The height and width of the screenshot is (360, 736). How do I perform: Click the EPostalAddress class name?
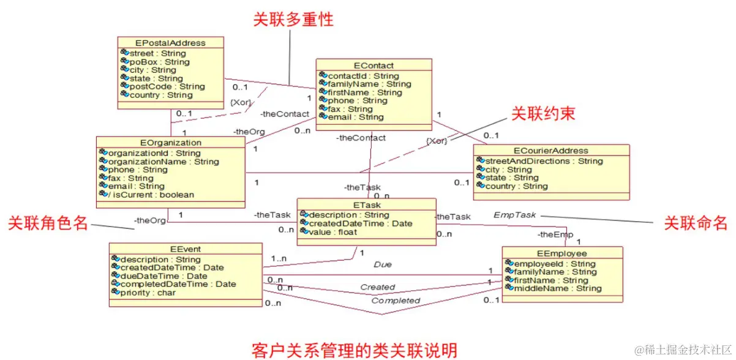point(170,43)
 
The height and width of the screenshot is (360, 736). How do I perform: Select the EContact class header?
point(374,66)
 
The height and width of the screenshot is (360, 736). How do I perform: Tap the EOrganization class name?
point(170,143)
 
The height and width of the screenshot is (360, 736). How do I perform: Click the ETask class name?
point(366,204)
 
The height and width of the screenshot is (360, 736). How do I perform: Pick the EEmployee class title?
point(561,253)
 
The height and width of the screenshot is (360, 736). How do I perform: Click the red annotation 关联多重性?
point(293,19)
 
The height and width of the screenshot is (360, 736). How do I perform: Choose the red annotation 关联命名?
point(696,223)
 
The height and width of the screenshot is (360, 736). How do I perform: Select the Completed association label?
point(396,301)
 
